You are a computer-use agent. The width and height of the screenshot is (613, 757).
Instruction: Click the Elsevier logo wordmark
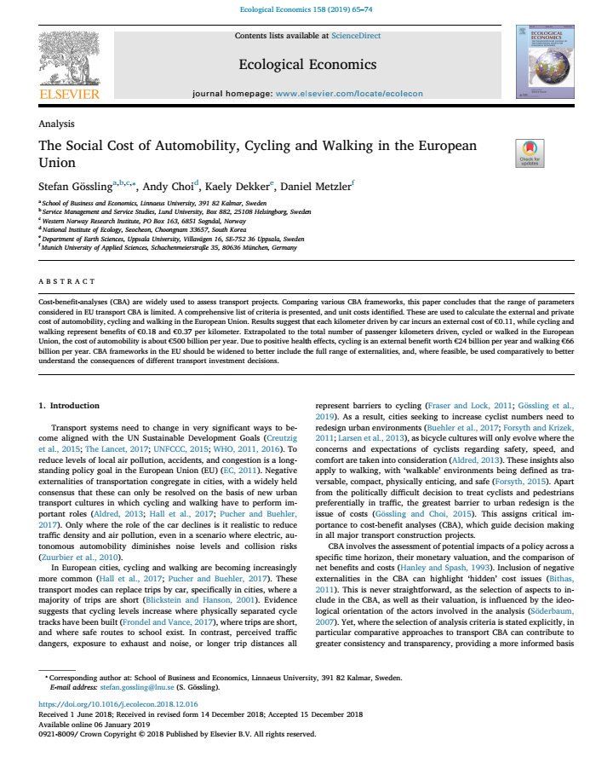[x=69, y=94]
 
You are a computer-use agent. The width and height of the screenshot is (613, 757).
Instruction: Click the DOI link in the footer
[x=118, y=704]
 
